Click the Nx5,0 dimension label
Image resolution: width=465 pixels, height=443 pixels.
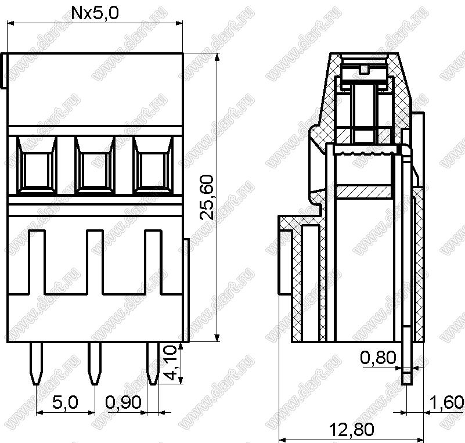95,13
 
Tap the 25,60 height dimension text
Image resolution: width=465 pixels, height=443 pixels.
207,197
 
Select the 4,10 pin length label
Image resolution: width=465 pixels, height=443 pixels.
171,363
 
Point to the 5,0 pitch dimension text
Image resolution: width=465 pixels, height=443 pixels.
65,403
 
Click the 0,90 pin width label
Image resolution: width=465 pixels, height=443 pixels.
124,403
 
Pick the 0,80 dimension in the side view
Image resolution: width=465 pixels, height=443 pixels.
378,358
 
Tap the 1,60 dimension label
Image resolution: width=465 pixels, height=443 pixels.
446,403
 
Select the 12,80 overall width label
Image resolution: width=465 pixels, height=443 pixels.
352,430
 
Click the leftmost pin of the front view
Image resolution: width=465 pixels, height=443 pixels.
37,363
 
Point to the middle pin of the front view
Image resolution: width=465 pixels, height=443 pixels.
95,363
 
